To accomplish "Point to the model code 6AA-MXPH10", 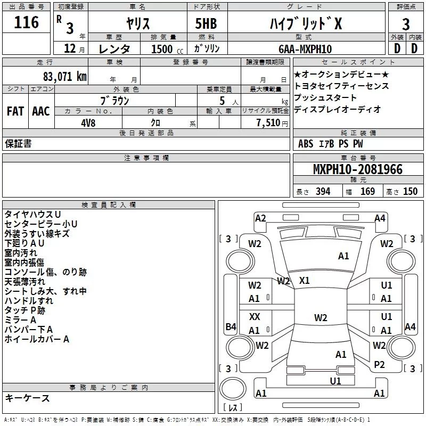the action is point(305,49).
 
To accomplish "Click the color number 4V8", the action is point(88,122).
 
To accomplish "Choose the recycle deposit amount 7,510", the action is point(268,122).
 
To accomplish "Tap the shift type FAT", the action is point(15,111).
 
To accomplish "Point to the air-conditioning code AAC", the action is point(40,111).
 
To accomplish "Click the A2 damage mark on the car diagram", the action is point(260,218).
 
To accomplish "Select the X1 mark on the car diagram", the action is point(305,280).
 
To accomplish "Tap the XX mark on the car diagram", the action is point(255,317).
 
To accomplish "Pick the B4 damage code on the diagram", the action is point(231,327).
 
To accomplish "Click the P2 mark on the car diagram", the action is point(379,364).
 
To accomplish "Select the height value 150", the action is point(410,192).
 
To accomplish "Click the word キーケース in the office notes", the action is point(27,398).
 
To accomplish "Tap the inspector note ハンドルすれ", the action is point(29,301).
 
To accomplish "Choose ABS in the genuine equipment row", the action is point(306,144).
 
